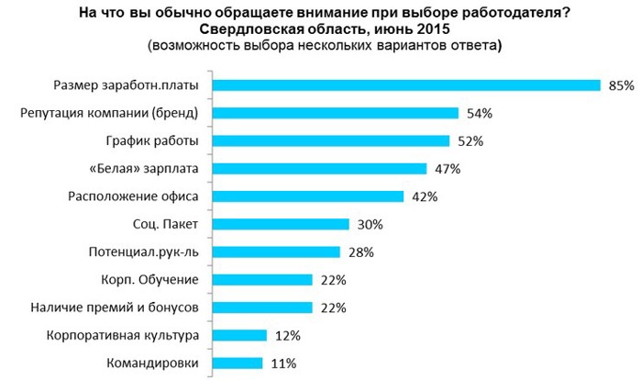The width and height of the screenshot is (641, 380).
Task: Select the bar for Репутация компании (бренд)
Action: (335, 114)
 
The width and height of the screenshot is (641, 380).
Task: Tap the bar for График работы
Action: (330, 141)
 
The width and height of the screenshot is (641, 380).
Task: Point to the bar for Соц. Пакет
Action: (281, 224)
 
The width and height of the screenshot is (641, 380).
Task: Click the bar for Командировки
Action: (238, 363)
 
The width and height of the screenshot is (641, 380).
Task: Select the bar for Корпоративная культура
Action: (239, 336)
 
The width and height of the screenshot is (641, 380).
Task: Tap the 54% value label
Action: (481, 114)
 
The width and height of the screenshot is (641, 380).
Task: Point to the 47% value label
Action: (448, 169)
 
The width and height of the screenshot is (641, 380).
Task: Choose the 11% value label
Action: (283, 363)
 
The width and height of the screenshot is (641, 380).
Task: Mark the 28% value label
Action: (361, 252)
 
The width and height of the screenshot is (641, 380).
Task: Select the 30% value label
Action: (370, 224)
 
